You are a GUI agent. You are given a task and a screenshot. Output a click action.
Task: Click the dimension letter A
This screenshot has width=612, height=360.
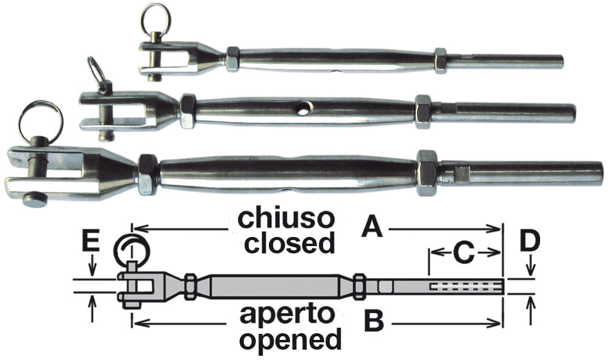[372, 228]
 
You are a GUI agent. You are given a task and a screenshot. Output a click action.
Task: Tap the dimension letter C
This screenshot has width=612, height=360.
[464, 253]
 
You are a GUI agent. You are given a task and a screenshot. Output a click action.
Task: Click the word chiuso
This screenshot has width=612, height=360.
[286, 219]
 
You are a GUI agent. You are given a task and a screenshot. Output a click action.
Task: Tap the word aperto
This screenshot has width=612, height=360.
[287, 315]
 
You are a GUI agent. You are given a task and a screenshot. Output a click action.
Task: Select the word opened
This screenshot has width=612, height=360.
[290, 339]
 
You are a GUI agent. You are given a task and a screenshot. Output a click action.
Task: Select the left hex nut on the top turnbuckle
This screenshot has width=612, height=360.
[233, 59]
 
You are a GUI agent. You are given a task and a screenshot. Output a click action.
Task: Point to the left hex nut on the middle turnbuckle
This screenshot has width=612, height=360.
[188, 111]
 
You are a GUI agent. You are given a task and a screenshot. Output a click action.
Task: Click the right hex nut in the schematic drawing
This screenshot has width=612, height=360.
[360, 287]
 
